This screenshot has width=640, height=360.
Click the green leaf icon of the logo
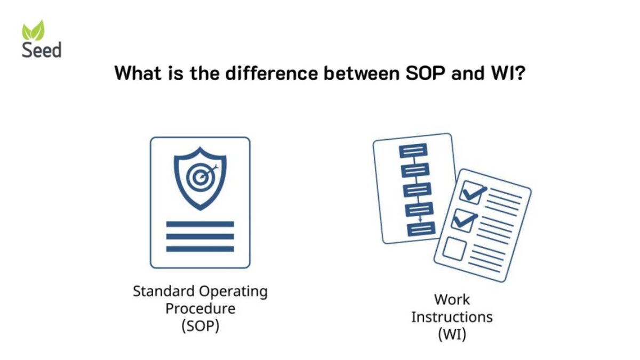pos(33,30)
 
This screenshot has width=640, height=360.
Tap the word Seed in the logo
pos(42,50)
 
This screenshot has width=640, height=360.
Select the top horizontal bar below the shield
pos(200,224)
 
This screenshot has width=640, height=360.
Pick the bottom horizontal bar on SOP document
pos(200,249)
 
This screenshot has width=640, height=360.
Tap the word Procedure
pos(200,309)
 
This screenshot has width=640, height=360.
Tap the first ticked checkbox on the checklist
pos(473,192)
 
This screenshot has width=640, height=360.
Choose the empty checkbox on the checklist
pos(455,249)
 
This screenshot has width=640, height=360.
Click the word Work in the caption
pos(452,299)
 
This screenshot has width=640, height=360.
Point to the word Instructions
pos(452,317)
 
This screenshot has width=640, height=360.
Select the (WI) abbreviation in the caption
pos(452,335)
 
